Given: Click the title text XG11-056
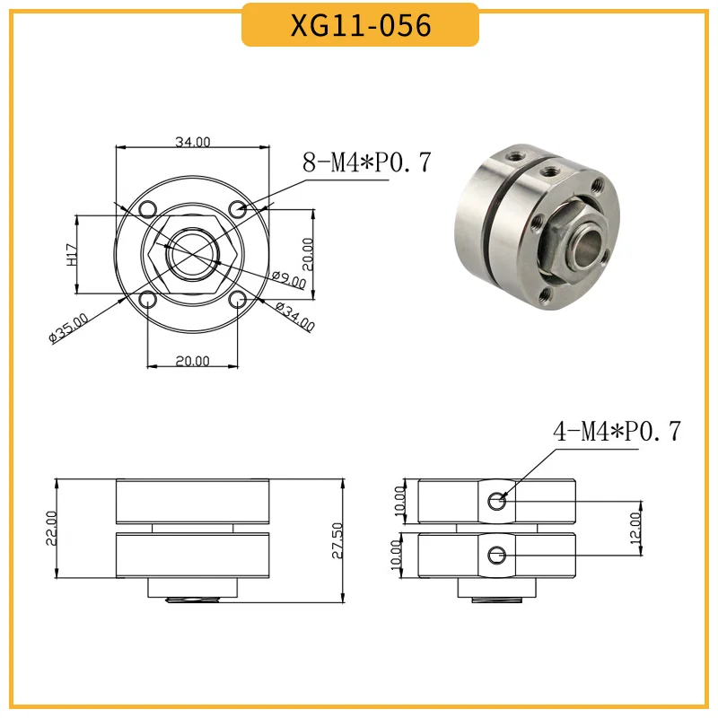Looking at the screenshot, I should [x=360, y=25].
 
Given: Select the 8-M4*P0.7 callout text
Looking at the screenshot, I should [x=367, y=162].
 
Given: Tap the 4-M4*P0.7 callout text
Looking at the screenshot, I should [x=617, y=432].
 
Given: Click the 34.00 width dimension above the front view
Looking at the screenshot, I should [x=192, y=142].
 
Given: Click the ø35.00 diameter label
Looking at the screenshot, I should [x=69, y=328].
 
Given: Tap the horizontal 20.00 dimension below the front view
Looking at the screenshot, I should [x=192, y=361].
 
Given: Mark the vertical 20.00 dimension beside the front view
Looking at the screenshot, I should [x=307, y=251].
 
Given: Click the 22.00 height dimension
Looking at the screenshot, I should [x=51, y=528].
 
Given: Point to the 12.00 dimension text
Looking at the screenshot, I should [x=635, y=528].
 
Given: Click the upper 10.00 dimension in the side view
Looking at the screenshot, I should [x=400, y=499].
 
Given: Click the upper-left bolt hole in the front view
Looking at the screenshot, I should [x=146, y=209].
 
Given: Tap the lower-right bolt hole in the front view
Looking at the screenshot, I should [x=238, y=301].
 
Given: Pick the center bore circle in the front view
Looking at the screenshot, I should [x=192, y=255].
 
